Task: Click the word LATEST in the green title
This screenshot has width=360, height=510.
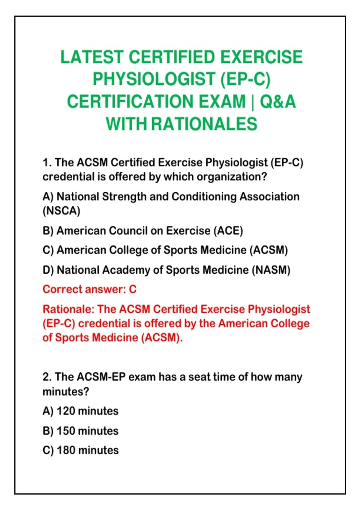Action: pos(92,57)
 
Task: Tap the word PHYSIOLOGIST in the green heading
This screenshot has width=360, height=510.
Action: pos(154,79)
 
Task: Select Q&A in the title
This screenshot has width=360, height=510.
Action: pos(278,101)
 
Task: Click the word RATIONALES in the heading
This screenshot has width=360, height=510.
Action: pos(204,124)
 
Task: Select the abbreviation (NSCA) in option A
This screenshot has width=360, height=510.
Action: pos(61,211)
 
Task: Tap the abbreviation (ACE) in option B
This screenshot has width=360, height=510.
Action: pos(228,231)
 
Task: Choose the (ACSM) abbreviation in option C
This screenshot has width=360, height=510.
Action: pos(269,250)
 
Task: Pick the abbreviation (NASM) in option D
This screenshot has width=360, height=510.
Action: pos(271,270)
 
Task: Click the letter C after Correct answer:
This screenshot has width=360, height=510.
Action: pos(133,289)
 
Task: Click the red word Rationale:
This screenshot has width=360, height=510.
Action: pos(68,309)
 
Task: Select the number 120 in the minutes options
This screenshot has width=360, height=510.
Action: pos(66,411)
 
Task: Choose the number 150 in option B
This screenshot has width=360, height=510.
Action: pos(66,431)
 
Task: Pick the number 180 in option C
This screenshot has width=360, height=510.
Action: pos(66,450)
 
